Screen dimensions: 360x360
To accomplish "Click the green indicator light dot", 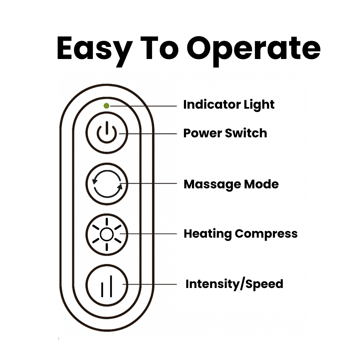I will pyautogui.click(x=106, y=106).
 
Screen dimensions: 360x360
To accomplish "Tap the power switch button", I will pyautogui.click(x=107, y=133).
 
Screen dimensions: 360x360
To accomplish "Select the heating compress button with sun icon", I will pyautogui.click(x=107, y=234).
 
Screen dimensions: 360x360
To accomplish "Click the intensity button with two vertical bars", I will pyautogui.click(x=107, y=285).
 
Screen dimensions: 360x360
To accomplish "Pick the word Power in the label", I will pyautogui.click(x=202, y=133).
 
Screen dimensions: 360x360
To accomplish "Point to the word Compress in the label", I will pyautogui.click(x=266, y=234).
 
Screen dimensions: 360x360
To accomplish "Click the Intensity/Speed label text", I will pyautogui.click(x=234, y=284).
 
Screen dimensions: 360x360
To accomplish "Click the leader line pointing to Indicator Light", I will pyautogui.click(x=143, y=106).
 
